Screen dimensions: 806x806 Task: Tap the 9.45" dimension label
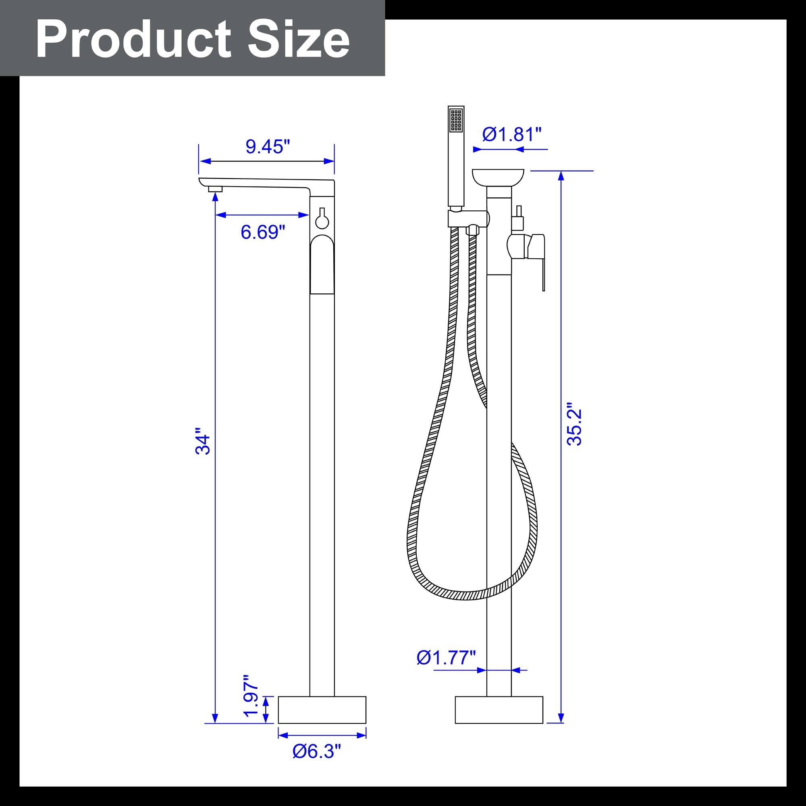pos(268,146)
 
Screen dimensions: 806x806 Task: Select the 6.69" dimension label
pos(262,232)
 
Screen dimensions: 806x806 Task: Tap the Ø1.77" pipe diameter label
pos(446,658)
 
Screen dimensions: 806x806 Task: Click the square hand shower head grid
pos(455,120)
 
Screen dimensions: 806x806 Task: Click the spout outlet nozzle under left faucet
pos(215,189)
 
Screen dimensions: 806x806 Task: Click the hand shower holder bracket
pos(467,218)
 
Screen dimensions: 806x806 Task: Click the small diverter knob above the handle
pos(519,218)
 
